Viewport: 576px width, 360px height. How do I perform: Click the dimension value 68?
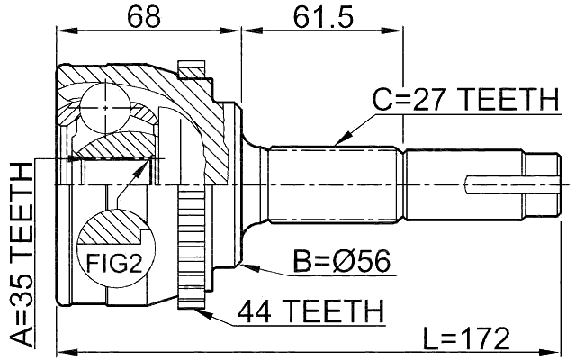(x=148, y=17)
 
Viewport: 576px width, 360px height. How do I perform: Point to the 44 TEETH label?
(x=310, y=311)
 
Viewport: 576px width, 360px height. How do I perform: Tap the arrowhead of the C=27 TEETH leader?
(x=336, y=143)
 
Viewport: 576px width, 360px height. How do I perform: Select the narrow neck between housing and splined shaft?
(x=256, y=184)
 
